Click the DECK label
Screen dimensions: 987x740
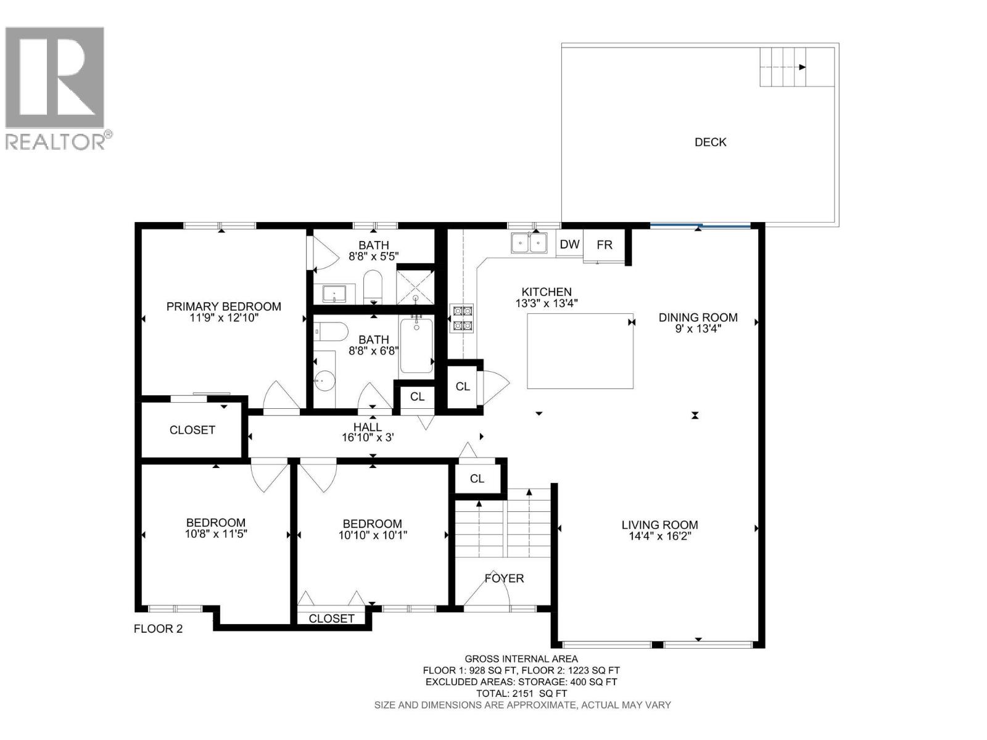(710, 142)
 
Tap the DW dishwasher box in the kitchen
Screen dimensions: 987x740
(569, 244)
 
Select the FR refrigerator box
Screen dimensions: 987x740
(604, 245)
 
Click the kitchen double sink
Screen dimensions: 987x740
(529, 242)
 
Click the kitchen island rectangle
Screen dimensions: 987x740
(580, 351)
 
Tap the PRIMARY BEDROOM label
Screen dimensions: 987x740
(223, 306)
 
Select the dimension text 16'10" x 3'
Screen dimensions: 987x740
(368, 437)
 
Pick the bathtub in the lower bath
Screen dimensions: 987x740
(416, 344)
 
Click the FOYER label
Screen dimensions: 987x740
(504, 578)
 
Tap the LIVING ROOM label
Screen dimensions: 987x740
(659, 525)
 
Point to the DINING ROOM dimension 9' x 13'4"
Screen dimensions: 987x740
(698, 329)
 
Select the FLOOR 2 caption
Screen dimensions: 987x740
(159, 628)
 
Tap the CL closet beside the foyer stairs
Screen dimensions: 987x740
(477, 479)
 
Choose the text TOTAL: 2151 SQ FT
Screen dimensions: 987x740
(522, 693)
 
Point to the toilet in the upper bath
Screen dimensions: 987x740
(373, 287)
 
